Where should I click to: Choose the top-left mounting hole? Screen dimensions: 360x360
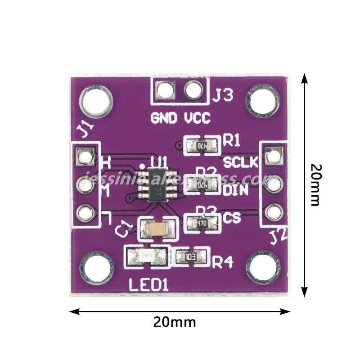click(x=96, y=101)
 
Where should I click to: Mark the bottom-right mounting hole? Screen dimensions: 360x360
click(x=265, y=269)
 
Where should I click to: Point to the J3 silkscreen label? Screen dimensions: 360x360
click(x=223, y=95)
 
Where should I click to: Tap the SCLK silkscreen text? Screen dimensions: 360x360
click(x=241, y=162)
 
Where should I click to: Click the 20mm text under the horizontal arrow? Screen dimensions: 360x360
click(x=175, y=322)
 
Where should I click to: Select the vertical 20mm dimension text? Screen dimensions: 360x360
click(x=316, y=184)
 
